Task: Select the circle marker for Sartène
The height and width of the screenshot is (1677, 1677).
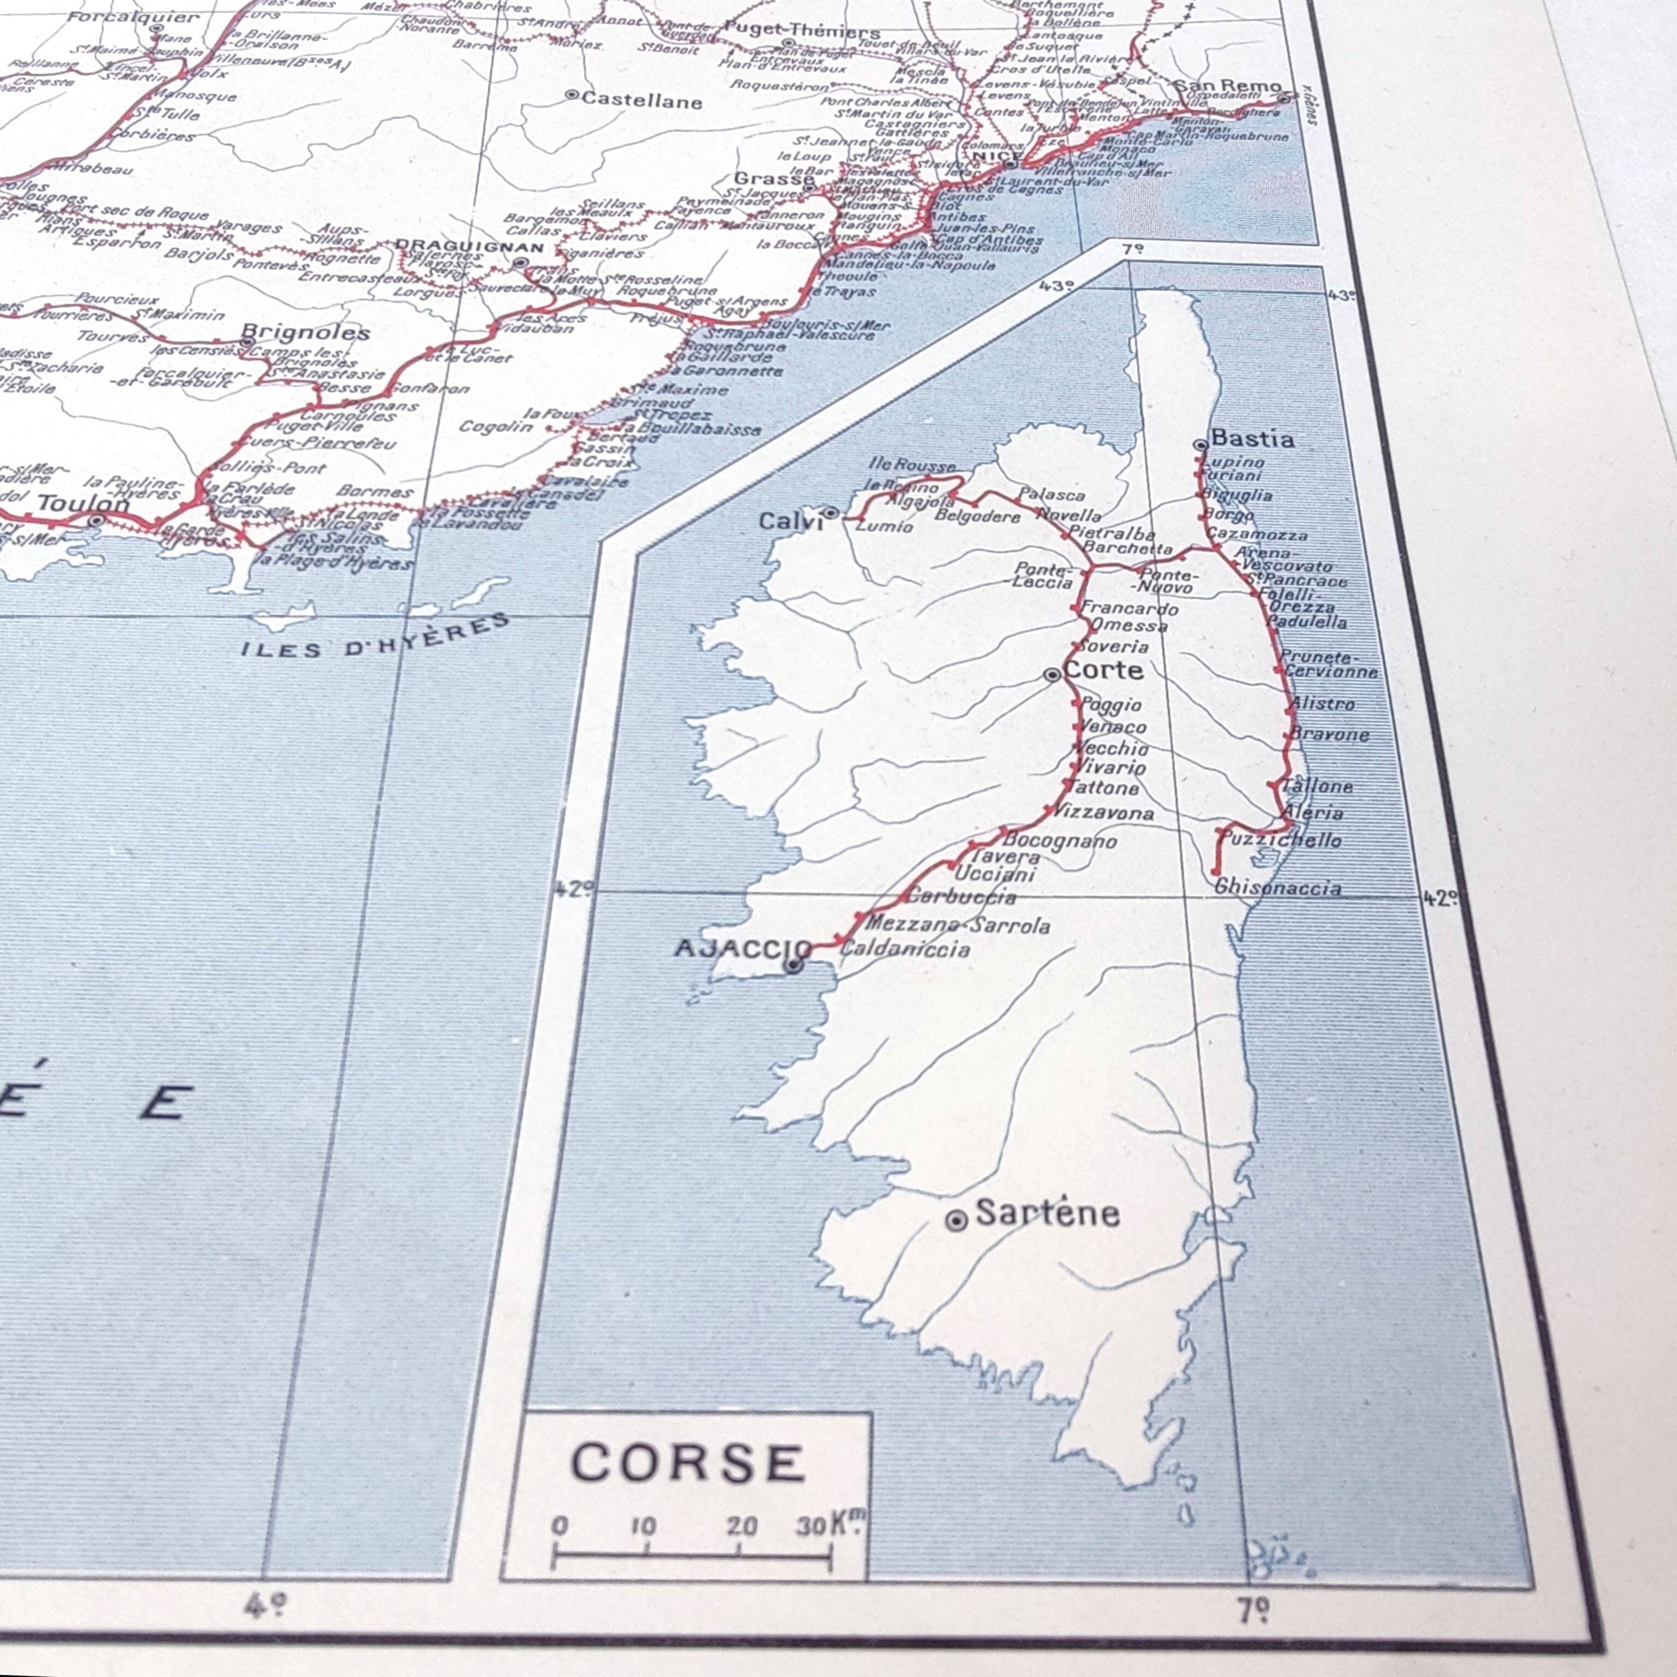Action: (x=956, y=1221)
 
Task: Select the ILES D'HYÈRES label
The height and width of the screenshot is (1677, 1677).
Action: (x=375, y=638)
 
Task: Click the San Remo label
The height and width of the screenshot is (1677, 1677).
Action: (x=1227, y=86)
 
